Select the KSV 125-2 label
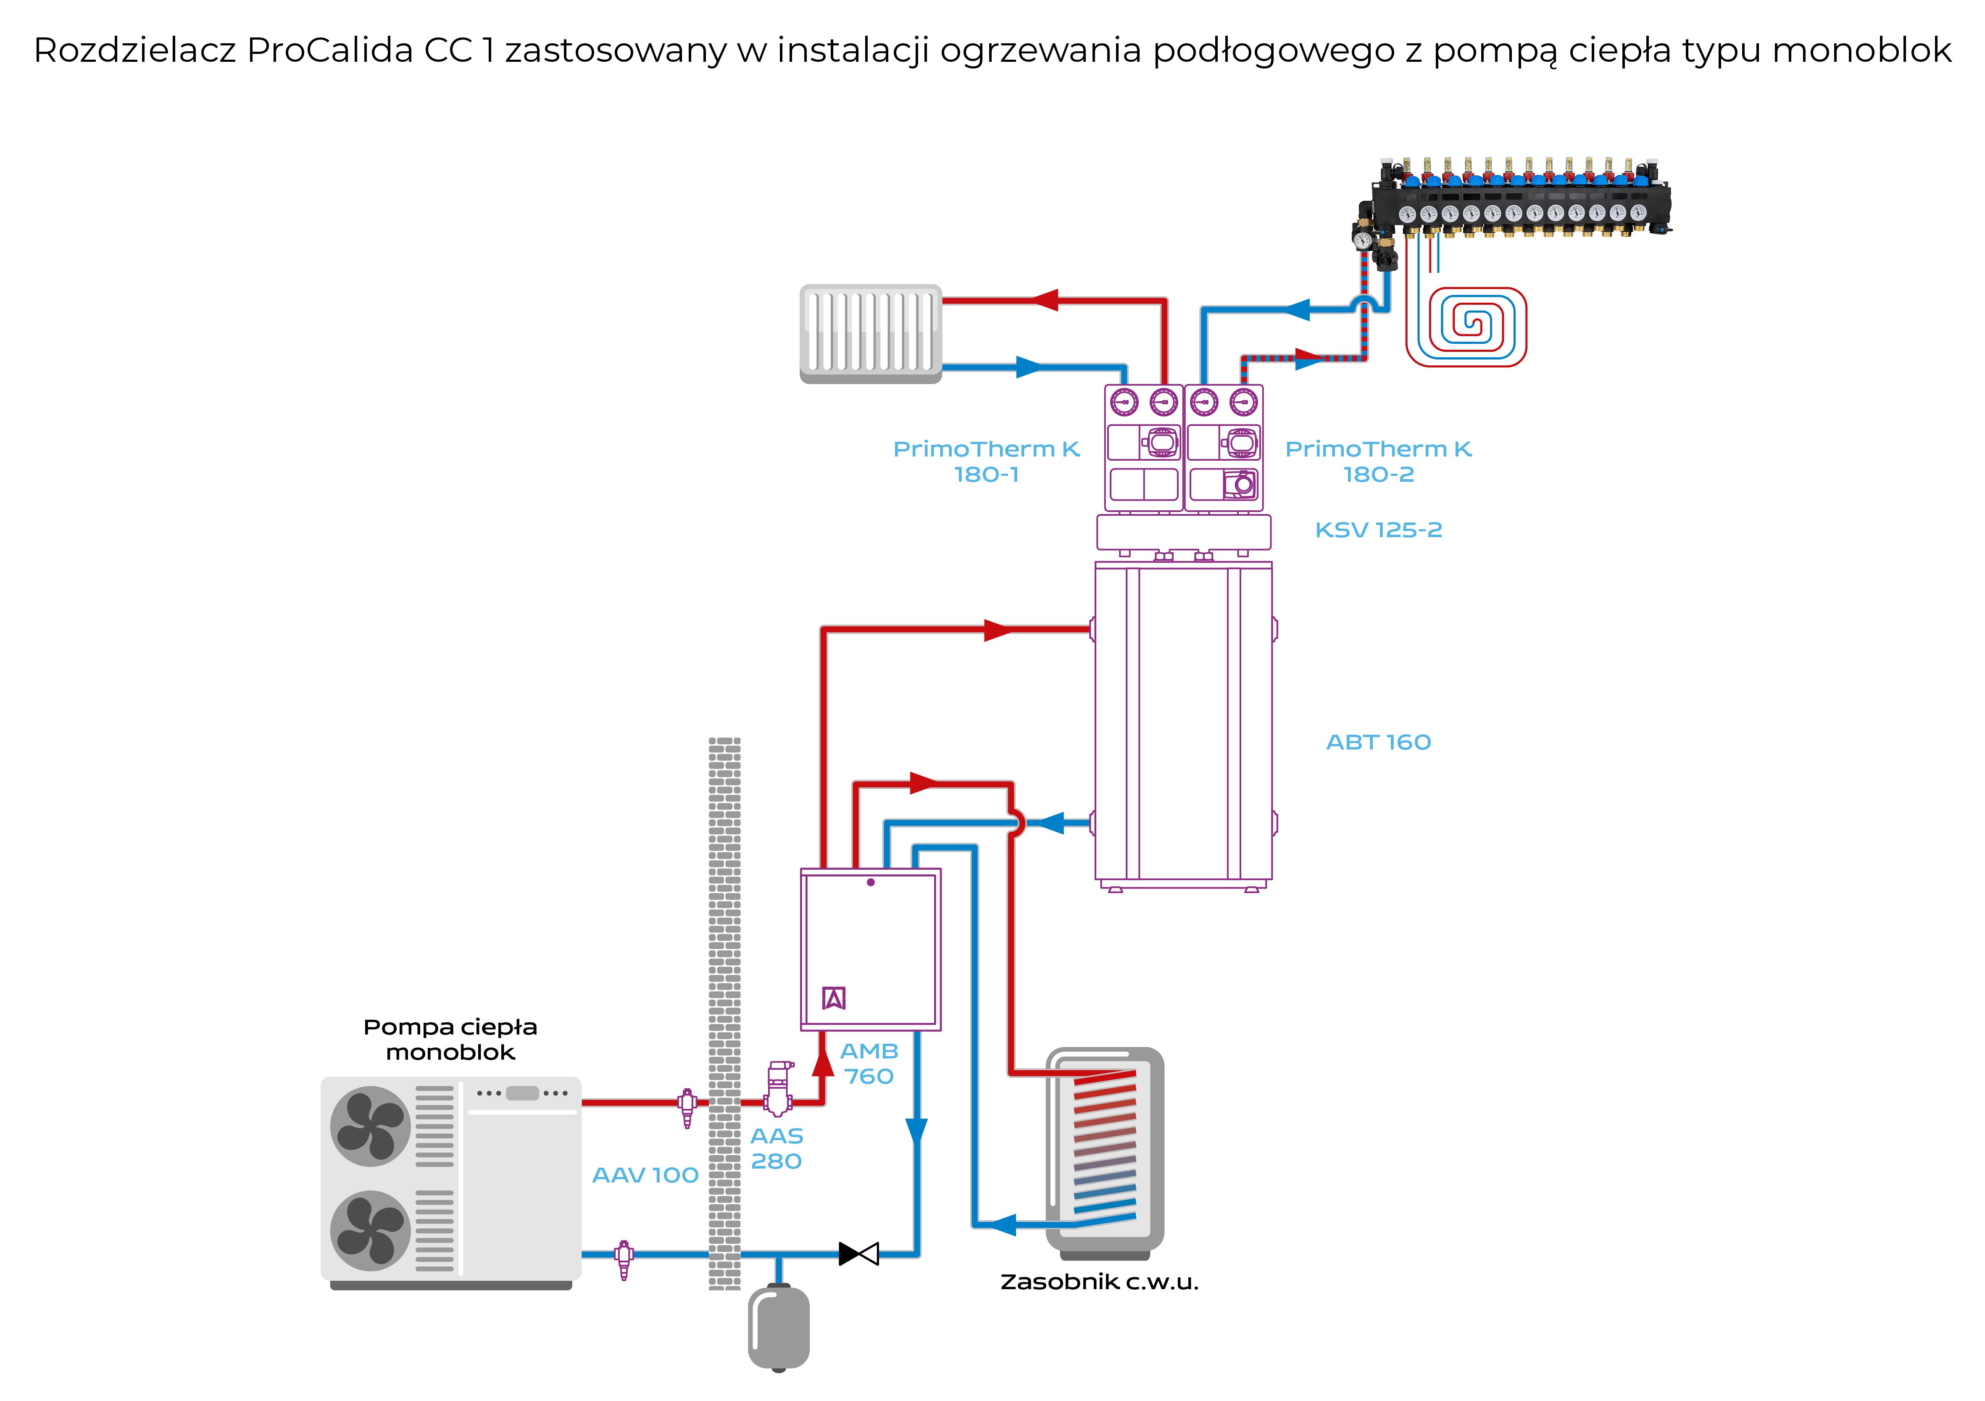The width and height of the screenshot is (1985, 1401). (x=1378, y=530)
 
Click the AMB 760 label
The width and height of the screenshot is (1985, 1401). (x=869, y=1064)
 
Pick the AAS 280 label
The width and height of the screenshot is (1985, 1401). (x=777, y=1148)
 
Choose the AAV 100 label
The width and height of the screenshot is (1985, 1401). (x=645, y=1175)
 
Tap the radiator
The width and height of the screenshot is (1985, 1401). (x=871, y=333)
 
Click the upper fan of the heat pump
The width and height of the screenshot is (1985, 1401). (x=370, y=1126)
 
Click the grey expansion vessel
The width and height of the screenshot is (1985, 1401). (x=778, y=1327)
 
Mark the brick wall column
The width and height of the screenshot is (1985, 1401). (x=724, y=1012)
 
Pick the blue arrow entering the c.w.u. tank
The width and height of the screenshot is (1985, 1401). (x=1003, y=1224)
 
